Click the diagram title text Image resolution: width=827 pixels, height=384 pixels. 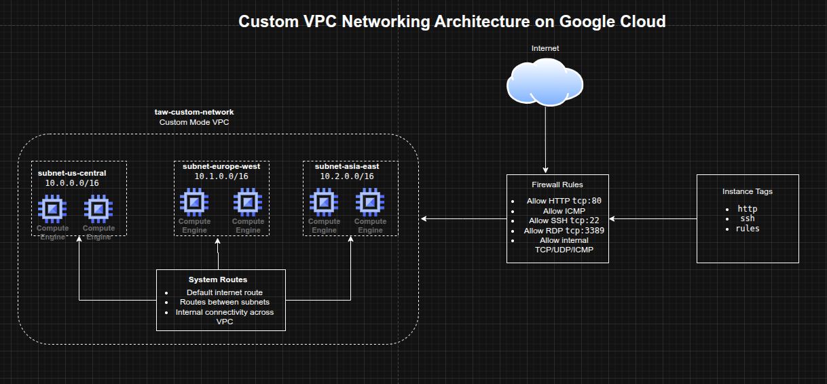coord(452,22)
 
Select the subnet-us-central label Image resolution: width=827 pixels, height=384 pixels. coord(72,173)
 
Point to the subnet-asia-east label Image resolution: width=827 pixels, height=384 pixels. coord(347,166)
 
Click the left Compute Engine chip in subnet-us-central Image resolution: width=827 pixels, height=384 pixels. coord(52,209)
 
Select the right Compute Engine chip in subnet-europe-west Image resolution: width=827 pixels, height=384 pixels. coord(248,202)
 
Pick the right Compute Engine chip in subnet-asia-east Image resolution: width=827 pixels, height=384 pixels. coord(370,202)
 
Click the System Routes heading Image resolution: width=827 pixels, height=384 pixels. coord(218,280)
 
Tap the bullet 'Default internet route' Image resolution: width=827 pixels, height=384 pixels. coord(225,292)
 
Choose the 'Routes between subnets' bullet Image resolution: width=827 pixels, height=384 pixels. coord(225,302)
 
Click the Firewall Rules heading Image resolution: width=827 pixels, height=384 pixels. coord(557,185)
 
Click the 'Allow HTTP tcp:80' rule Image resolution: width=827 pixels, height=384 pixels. coord(564,201)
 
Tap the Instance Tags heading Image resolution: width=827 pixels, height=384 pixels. coord(748,191)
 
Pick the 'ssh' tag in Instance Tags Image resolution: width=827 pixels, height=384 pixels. coord(748,218)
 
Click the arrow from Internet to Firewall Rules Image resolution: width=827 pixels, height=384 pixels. coord(545,139)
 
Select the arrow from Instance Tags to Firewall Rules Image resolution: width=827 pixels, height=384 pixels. coord(653,219)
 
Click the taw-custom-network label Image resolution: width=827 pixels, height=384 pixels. coord(194,112)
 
